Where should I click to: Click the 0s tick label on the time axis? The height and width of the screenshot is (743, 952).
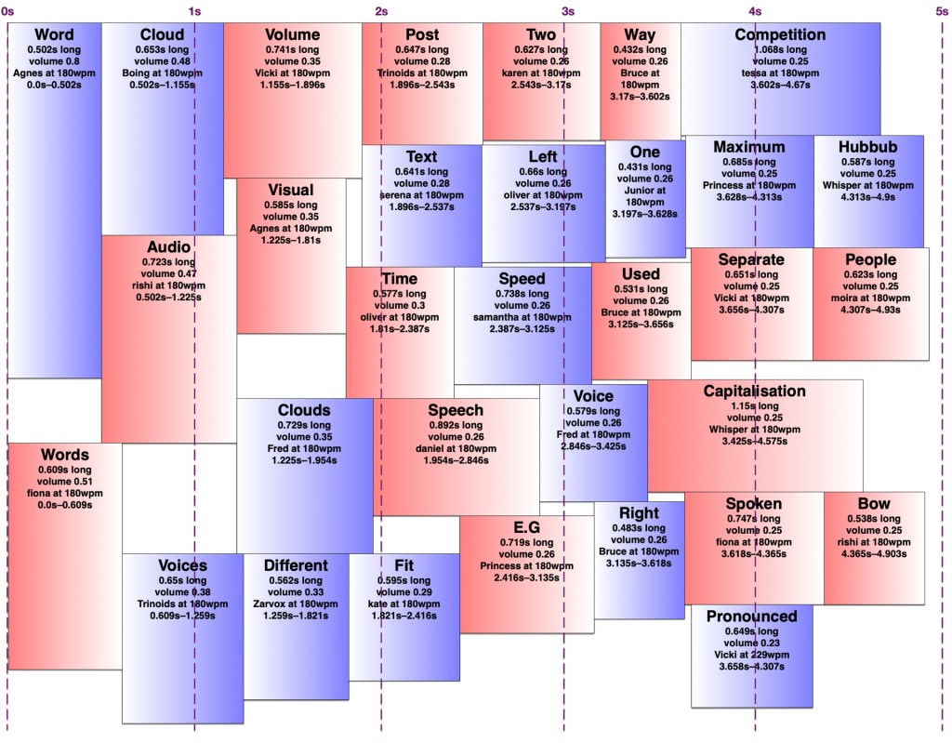7,10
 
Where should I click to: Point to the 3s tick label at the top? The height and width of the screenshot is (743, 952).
567,10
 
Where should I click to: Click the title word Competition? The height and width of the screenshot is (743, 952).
780,34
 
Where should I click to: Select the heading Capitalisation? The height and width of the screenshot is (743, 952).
754,391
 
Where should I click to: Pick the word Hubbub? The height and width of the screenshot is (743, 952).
867,147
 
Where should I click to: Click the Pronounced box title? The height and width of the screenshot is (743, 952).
751,616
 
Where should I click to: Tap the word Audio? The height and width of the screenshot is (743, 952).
168,247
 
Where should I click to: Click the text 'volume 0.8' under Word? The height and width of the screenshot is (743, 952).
54,60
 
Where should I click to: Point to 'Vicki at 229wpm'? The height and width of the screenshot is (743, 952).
751,655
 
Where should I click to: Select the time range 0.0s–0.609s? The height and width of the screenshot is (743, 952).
64,505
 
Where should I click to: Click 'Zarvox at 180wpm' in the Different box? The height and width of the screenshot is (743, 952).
296,604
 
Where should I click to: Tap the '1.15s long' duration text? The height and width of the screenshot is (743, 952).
754,406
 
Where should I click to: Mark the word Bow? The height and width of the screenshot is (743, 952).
874,504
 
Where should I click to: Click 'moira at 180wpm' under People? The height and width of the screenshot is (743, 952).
870,298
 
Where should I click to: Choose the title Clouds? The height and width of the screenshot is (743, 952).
304,410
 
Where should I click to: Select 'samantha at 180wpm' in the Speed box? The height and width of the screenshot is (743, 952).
522,317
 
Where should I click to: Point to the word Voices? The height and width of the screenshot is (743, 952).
182,565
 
